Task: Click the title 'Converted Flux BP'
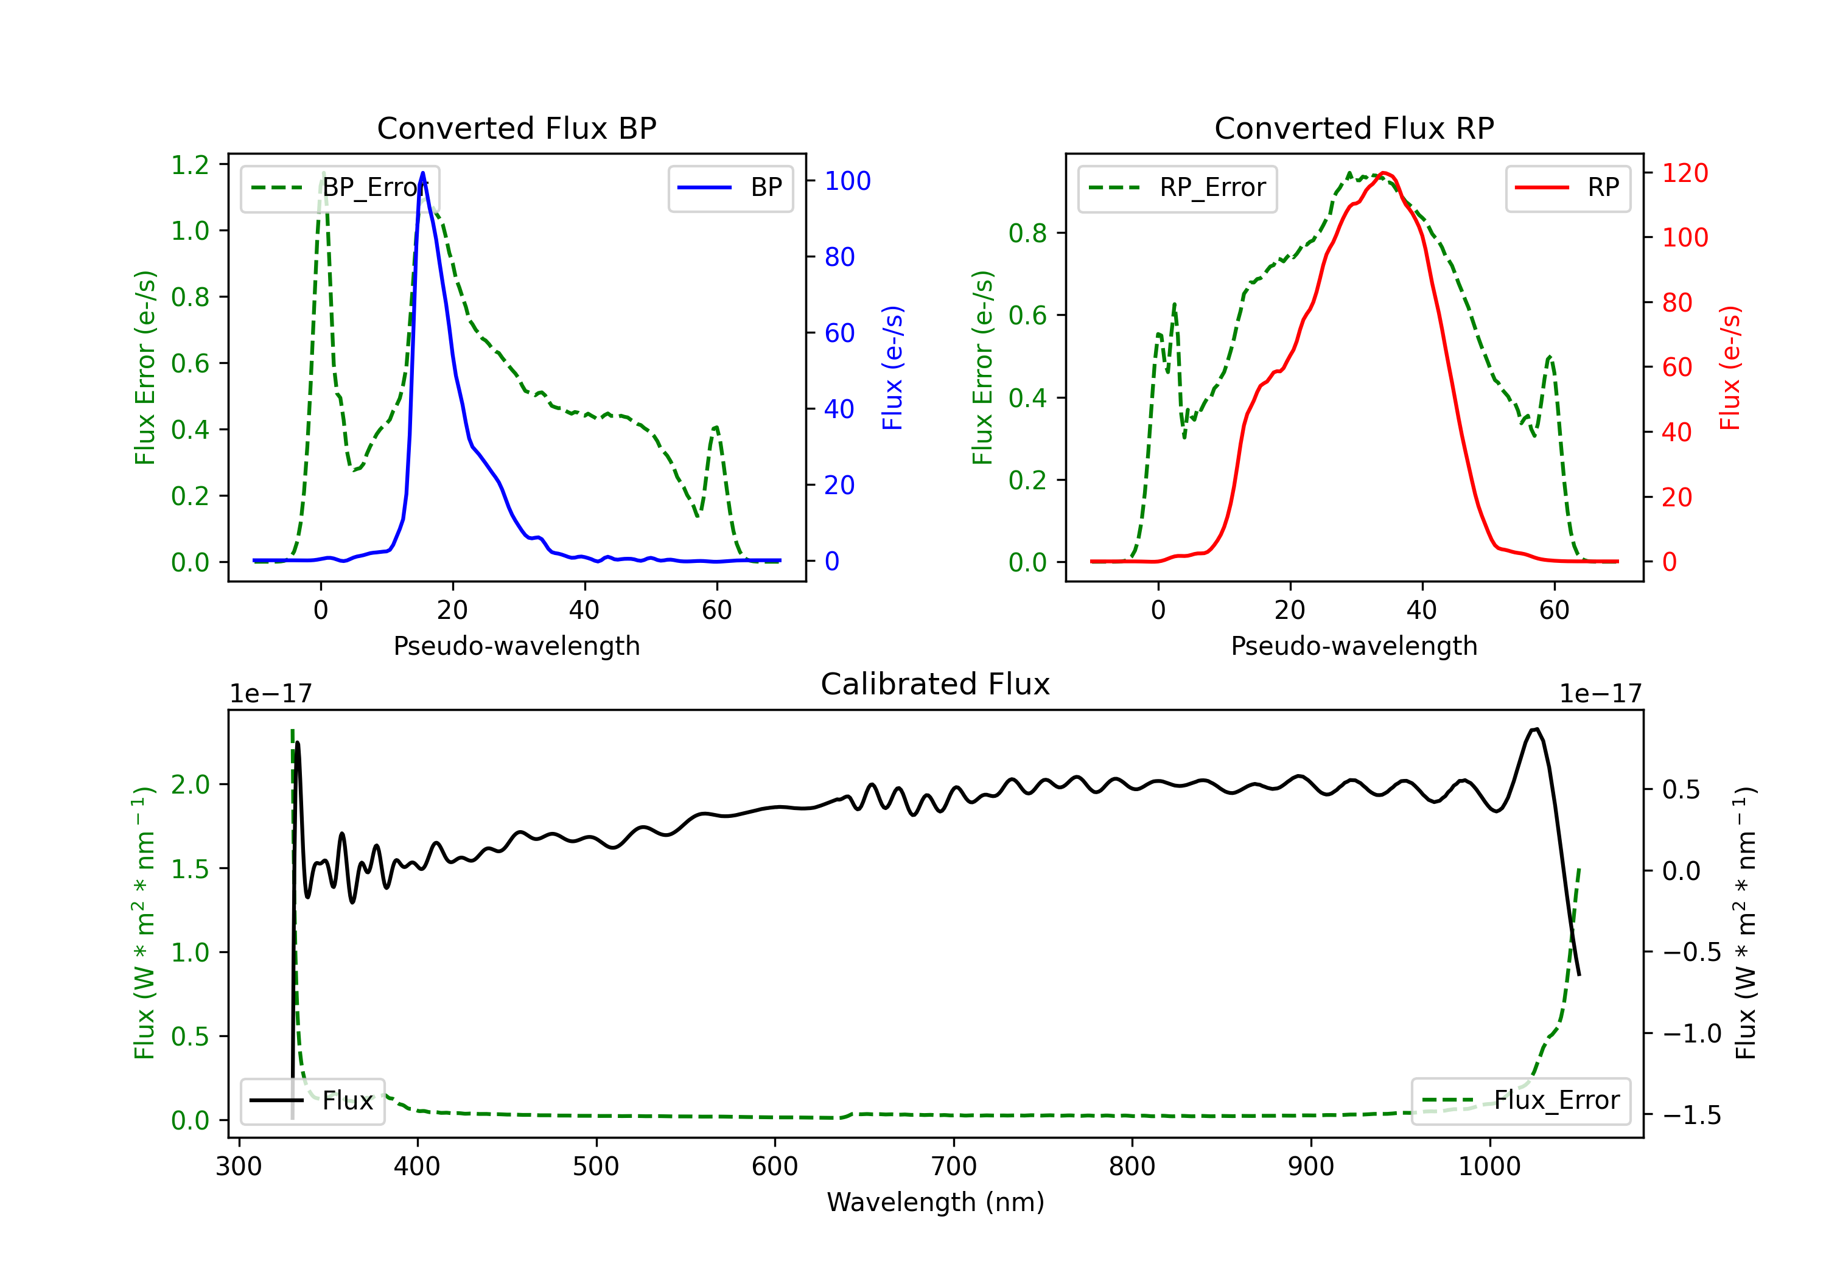(516, 128)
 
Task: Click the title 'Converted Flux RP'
(1354, 128)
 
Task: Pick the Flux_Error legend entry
(1520, 1101)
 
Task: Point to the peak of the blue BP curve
(422, 173)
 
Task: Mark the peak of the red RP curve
(1384, 173)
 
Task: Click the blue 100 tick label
(847, 181)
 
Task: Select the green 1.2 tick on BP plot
(190, 165)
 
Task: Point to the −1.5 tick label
(1691, 1115)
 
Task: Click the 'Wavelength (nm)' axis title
(936, 1203)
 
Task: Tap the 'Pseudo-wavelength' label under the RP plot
(1354, 646)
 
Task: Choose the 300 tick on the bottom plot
(239, 1167)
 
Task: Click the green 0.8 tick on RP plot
(1027, 233)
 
